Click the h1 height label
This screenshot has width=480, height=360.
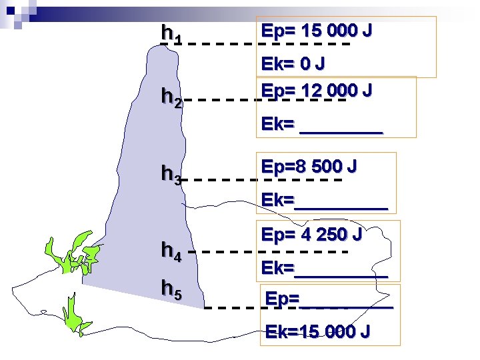click(x=172, y=34)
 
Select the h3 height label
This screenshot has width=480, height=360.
click(x=172, y=175)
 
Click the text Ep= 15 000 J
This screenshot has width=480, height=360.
click(x=317, y=31)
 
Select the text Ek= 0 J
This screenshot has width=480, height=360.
click(x=293, y=64)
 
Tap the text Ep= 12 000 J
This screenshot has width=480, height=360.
click(x=317, y=90)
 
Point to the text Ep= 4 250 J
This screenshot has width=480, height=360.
click(x=312, y=235)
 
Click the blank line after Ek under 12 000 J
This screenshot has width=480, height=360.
click(x=341, y=133)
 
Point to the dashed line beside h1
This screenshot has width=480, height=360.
click(x=267, y=45)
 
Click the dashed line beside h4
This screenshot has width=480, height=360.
click(x=273, y=252)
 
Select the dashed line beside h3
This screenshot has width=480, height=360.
click(x=263, y=180)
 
